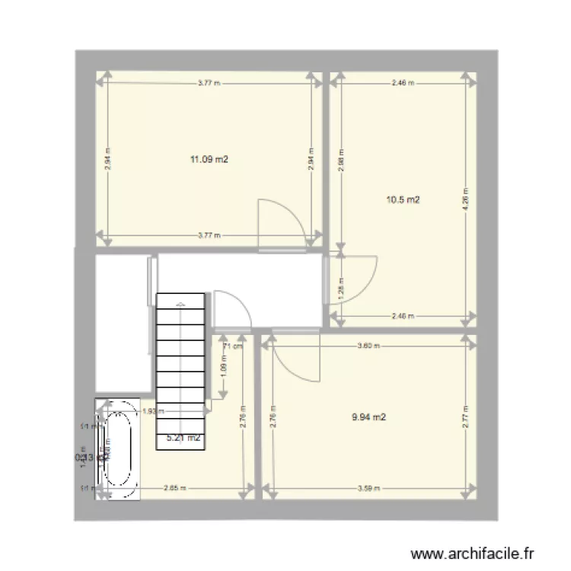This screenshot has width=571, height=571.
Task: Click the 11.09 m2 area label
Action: pyautogui.click(x=209, y=160)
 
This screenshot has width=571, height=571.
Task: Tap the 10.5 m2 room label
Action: pyautogui.click(x=404, y=200)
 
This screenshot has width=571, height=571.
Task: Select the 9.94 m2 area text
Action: pyautogui.click(x=368, y=417)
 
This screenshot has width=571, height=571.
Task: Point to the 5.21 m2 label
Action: pyautogui.click(x=183, y=438)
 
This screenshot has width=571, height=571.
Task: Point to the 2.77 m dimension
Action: pyautogui.click(x=464, y=418)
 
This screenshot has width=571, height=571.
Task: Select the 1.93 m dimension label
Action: pyautogui.click(x=149, y=412)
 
